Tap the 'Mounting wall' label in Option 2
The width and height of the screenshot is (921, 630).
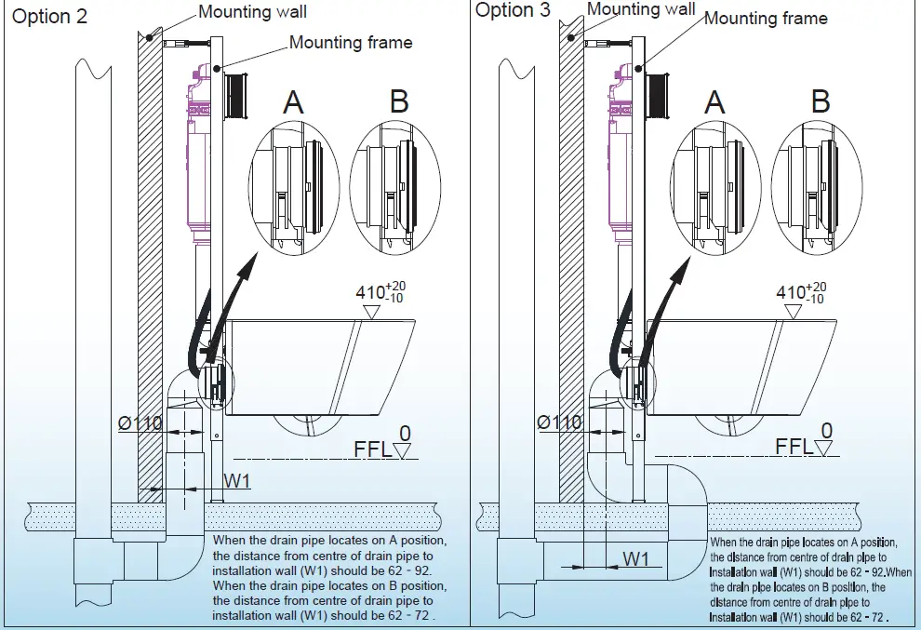tap(252, 13)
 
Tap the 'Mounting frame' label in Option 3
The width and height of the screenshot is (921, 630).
tap(765, 18)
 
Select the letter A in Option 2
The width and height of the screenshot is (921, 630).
tap(293, 101)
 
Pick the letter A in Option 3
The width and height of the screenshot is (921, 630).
tap(714, 101)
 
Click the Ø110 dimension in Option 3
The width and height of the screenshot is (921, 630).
tap(559, 422)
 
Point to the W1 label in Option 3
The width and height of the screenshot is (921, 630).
tap(635, 559)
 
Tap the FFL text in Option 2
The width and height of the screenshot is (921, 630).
tap(372, 450)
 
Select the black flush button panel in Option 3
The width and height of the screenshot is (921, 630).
tap(661, 94)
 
